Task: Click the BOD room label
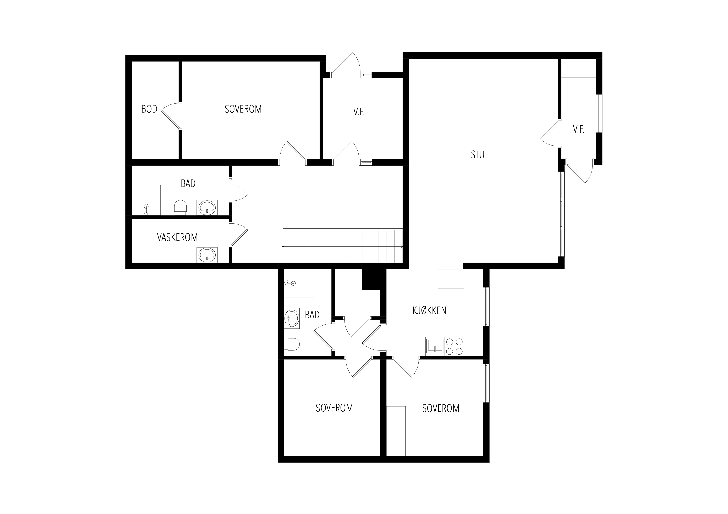point(149,109)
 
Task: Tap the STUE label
point(480,155)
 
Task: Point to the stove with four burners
point(454,347)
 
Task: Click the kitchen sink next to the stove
point(435,347)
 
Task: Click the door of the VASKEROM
point(238,235)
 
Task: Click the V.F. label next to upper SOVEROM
point(359,112)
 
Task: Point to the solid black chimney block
point(374,279)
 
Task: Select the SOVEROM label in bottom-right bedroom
point(441,408)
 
